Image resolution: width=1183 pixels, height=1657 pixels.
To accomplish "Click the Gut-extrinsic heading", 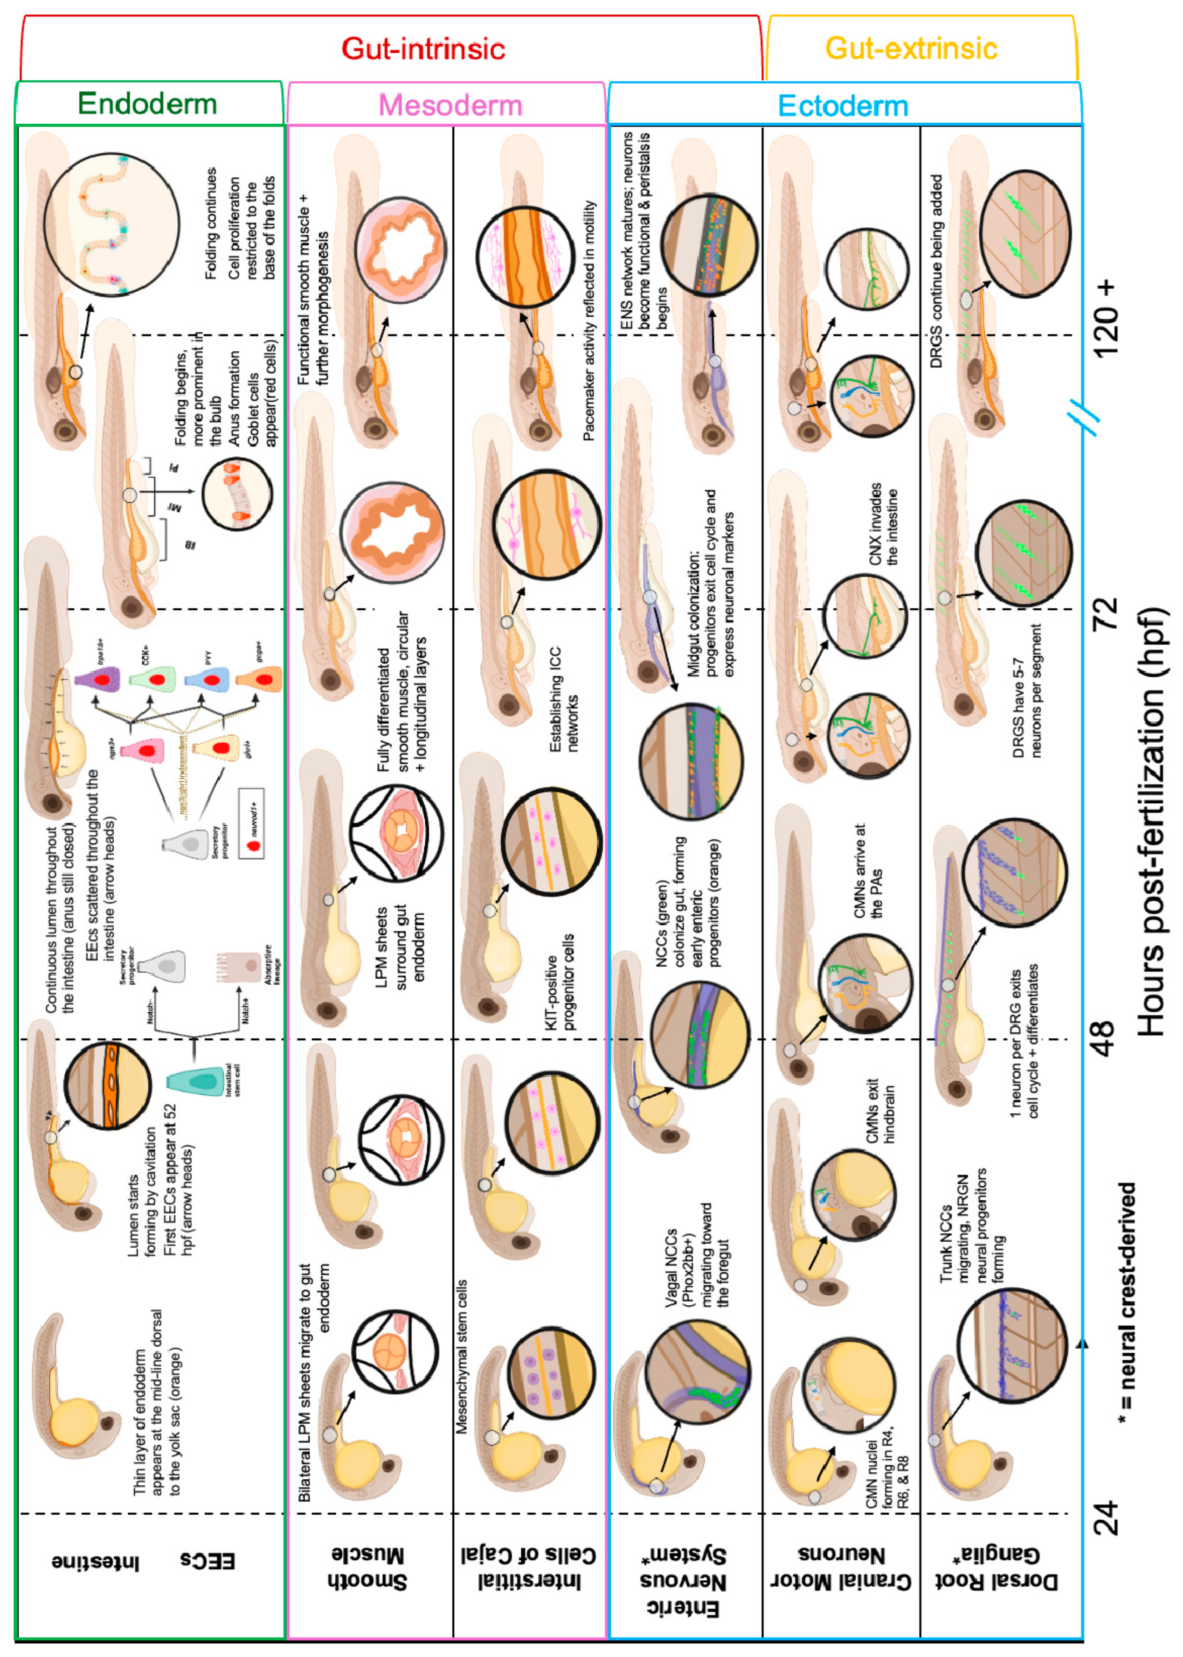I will click(x=911, y=48).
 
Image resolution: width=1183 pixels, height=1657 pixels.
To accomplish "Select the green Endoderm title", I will click(x=147, y=104).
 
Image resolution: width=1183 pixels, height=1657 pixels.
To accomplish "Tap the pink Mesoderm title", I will click(x=450, y=105).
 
